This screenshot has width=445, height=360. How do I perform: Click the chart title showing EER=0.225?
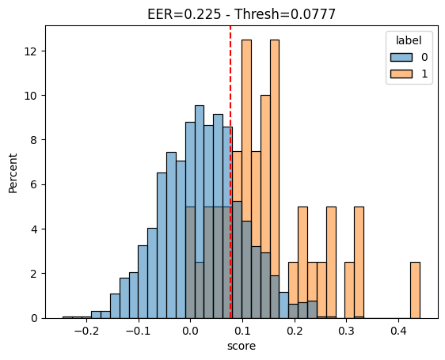[x=242, y=14]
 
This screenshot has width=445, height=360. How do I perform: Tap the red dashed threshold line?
[x=230, y=172]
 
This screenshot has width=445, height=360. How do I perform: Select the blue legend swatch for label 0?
[x=401, y=57]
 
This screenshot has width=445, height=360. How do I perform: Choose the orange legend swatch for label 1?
[x=401, y=74]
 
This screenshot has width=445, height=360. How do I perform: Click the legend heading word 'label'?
[x=409, y=40]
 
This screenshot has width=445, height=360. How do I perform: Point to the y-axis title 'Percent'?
[x=13, y=173]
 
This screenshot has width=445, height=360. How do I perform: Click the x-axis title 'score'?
[x=242, y=346]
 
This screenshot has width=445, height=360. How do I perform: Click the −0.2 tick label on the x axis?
[x=86, y=331]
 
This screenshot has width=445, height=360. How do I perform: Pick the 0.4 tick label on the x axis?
[x=398, y=331]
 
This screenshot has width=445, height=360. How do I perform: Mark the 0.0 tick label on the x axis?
[x=190, y=331]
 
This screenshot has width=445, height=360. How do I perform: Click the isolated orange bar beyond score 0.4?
[x=415, y=290]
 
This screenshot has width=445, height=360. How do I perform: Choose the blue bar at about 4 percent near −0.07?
[x=152, y=273]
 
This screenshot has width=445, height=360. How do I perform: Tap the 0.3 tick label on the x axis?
[x=347, y=331]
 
